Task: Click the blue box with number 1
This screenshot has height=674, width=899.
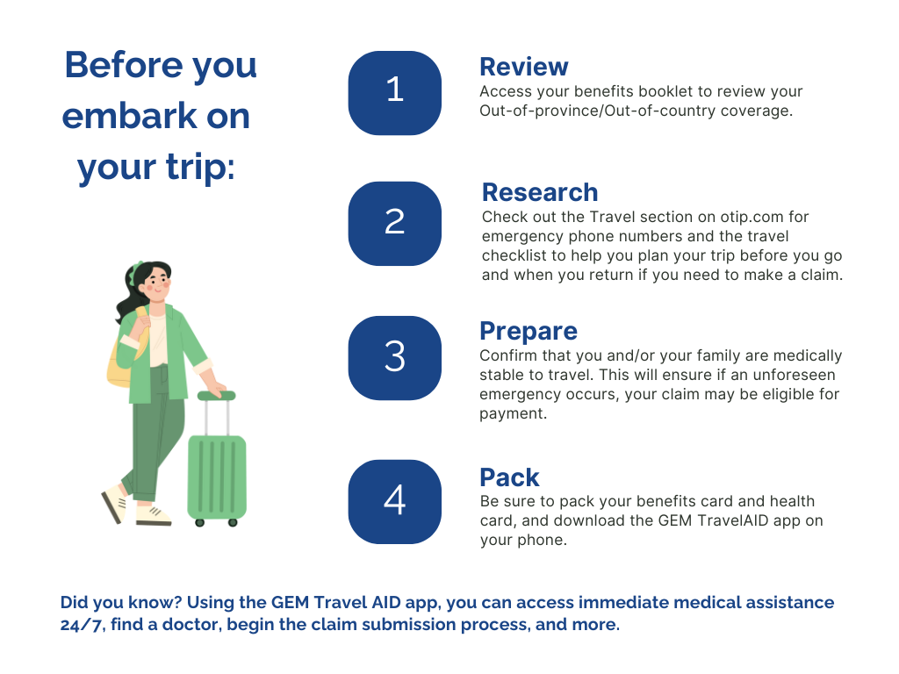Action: (x=394, y=93)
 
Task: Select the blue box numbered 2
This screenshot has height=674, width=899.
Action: (x=394, y=224)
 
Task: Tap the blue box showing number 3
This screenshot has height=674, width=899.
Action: (x=394, y=358)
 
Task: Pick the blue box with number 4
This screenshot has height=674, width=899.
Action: (x=394, y=501)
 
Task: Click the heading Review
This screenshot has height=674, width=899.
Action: (x=524, y=67)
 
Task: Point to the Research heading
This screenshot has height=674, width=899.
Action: (x=540, y=192)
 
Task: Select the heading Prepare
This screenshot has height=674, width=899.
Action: (x=529, y=332)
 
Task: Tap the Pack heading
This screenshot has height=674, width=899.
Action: (x=510, y=477)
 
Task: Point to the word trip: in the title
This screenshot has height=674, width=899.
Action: (x=201, y=168)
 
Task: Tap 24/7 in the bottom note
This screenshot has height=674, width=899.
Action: (x=83, y=624)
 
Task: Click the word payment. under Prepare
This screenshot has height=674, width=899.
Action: (x=513, y=414)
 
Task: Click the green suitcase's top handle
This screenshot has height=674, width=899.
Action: (x=217, y=396)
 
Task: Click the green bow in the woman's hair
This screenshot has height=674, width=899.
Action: (x=135, y=272)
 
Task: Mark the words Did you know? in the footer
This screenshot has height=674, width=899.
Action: (x=121, y=602)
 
